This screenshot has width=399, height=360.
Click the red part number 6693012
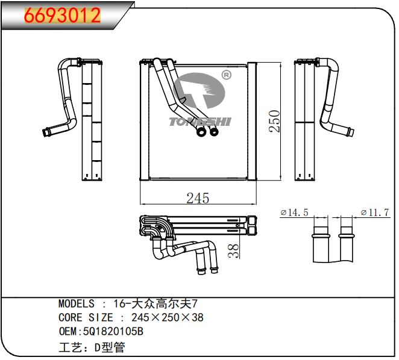pyautogui.click(x=62, y=16)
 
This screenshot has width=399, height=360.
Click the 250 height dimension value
pyautogui.click(x=275, y=120)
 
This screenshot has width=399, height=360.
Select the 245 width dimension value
pyautogui.click(x=197, y=198)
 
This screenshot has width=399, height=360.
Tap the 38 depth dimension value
pyautogui.click(x=234, y=250)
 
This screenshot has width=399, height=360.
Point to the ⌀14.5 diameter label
pyautogui.click(x=295, y=213)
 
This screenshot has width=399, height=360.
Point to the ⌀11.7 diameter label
pyautogui.click(x=374, y=213)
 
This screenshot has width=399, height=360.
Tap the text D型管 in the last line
pyautogui.click(x=109, y=347)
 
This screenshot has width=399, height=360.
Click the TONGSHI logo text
pyautogui.click(x=199, y=122)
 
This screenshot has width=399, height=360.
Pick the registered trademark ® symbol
pyautogui.click(x=226, y=75)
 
